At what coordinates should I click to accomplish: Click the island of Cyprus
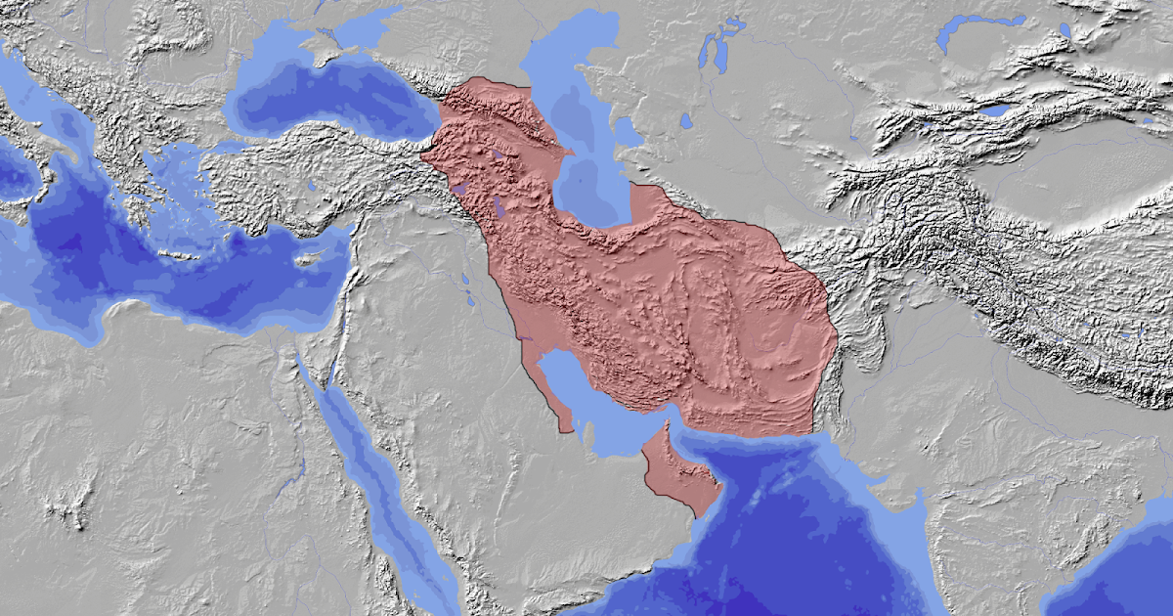(x=310, y=259)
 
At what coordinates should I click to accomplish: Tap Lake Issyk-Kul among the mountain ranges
(x=994, y=111)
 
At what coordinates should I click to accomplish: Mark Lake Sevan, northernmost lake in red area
(x=498, y=154)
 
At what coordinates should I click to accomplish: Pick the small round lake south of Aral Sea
(x=687, y=121)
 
